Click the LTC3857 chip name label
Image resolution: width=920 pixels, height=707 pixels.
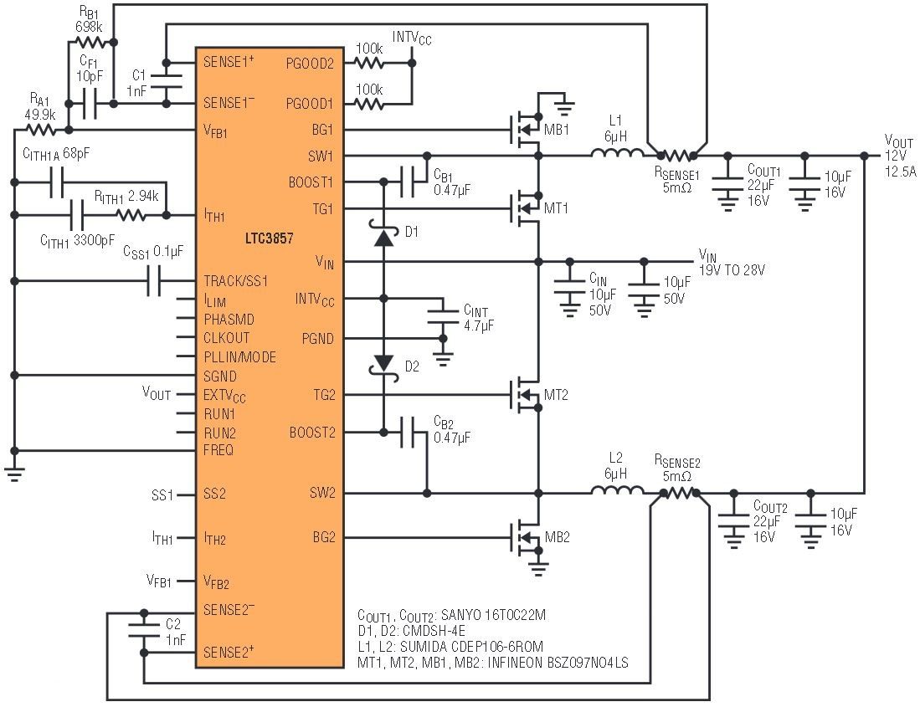tap(270, 238)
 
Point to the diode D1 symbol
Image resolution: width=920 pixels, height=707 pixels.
tap(383, 238)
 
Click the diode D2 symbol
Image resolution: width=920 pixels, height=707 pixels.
tap(383, 363)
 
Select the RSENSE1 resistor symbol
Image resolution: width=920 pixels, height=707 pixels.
tap(676, 156)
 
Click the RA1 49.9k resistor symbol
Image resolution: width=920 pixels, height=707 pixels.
tap(39, 130)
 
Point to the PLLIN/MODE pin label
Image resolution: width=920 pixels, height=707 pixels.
tap(239, 357)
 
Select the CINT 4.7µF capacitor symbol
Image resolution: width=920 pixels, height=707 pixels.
tap(443, 317)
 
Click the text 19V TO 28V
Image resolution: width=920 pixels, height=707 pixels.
tap(732, 270)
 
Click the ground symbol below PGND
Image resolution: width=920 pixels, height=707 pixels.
tap(443, 360)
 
